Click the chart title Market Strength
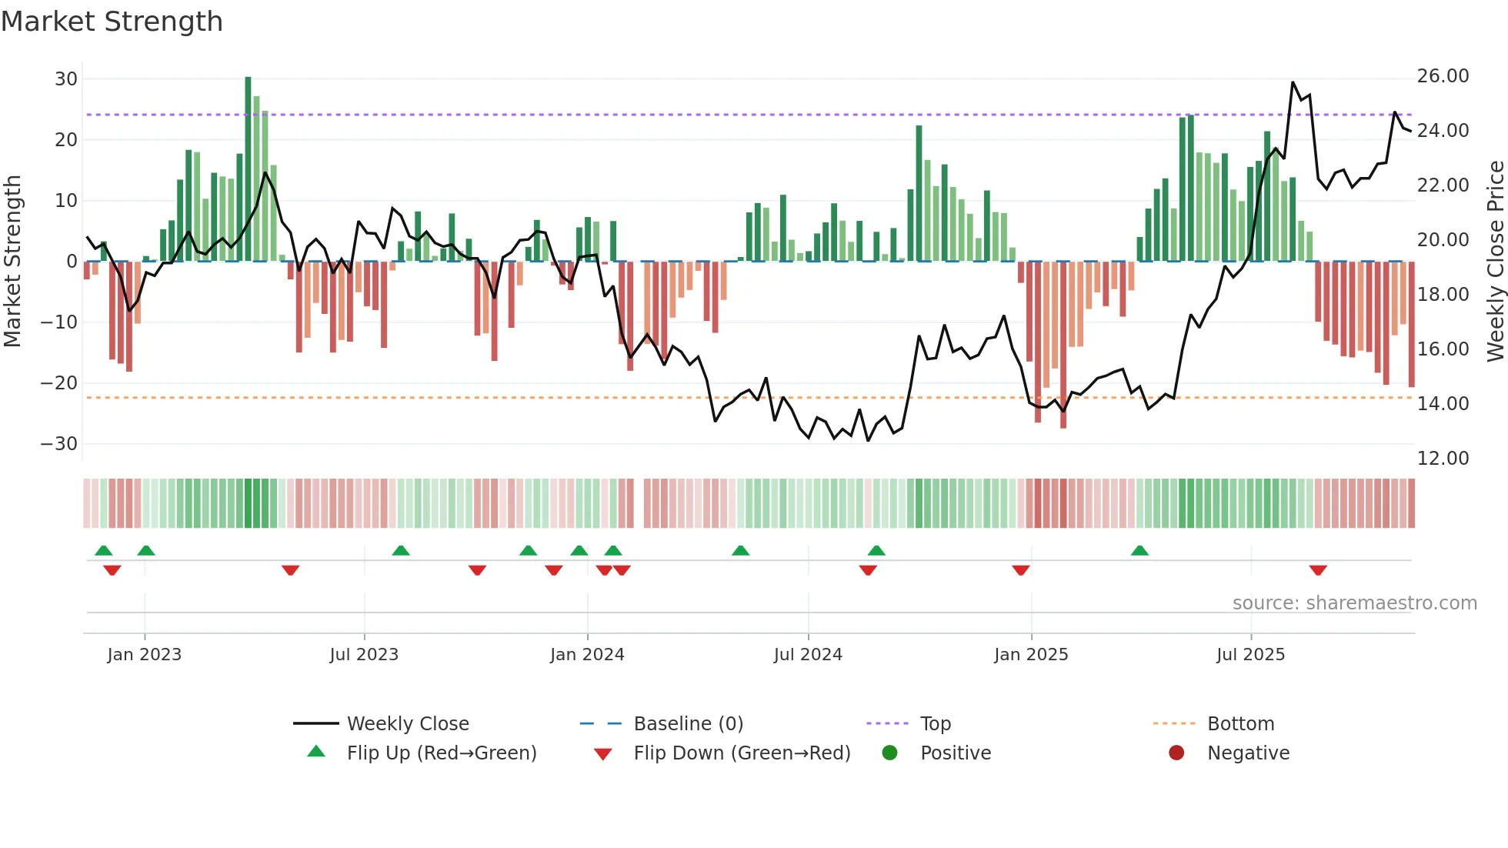click(x=112, y=22)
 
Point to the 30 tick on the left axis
click(x=66, y=79)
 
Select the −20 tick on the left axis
click(x=59, y=383)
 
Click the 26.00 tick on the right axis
click(x=1443, y=76)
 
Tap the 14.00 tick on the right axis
click(x=1443, y=404)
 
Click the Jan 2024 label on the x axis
click(x=587, y=655)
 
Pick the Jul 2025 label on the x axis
click(x=1250, y=655)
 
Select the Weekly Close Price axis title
click(x=1495, y=262)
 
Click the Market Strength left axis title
click(x=12, y=262)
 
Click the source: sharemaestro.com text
click(x=1354, y=603)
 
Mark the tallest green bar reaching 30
click(x=248, y=169)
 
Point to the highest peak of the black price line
click(x=1293, y=82)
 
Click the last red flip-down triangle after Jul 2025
click(x=1318, y=570)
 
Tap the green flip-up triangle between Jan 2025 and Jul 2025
click(x=1139, y=550)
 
